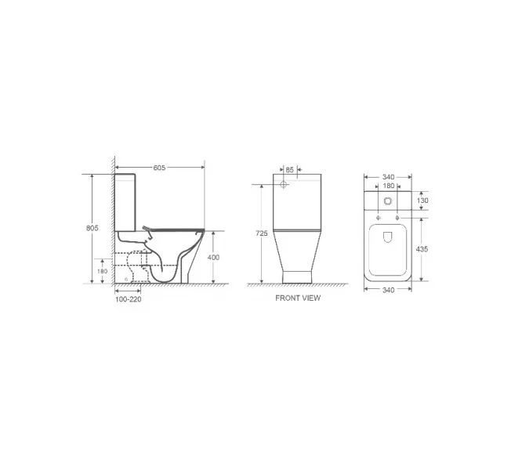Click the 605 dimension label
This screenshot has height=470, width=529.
(158, 168)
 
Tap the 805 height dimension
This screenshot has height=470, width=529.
(92, 227)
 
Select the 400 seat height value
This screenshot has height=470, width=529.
(214, 257)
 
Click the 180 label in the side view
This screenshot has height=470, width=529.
(102, 271)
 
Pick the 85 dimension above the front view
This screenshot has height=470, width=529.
(290, 169)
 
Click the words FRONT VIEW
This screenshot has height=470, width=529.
(298, 298)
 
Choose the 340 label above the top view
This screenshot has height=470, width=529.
(389, 176)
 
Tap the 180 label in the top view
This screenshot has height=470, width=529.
(389, 186)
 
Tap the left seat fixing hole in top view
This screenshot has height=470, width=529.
(379, 217)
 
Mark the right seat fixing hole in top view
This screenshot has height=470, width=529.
(399, 217)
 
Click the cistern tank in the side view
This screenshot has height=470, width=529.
(130, 200)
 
